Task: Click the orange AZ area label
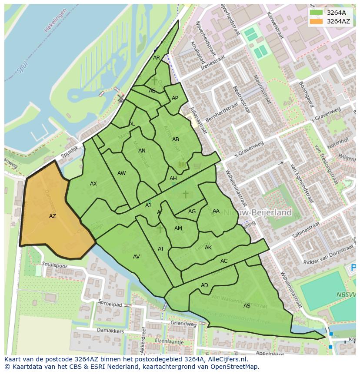(x=52, y=216)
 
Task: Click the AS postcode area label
(x=247, y=306)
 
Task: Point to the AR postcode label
(x=157, y=57)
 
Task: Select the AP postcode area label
(x=175, y=98)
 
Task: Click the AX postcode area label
(x=93, y=184)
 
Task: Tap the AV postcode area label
(x=136, y=257)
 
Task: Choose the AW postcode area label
(x=121, y=173)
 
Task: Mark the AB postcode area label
(x=175, y=139)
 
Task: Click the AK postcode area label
(x=208, y=248)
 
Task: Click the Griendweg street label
(x=183, y=324)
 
